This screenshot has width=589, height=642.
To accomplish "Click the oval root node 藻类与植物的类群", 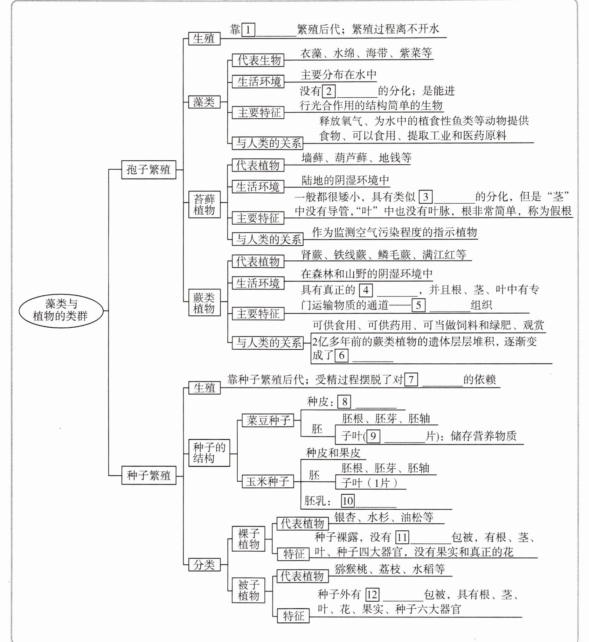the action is pyautogui.click(x=61, y=310).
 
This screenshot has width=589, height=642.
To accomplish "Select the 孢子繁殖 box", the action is pyautogui.click(x=148, y=170).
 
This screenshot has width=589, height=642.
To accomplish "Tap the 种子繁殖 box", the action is pyautogui.click(x=148, y=475).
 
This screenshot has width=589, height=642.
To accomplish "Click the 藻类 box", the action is pyautogui.click(x=204, y=102).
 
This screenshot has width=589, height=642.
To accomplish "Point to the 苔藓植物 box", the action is pyautogui.click(x=204, y=204).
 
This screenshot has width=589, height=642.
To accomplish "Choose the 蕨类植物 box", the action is pyautogui.click(x=204, y=303).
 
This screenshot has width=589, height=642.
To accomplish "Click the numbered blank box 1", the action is pyautogui.click(x=248, y=30).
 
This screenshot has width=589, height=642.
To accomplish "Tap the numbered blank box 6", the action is pyautogui.click(x=341, y=355).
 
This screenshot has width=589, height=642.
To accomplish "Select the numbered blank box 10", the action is pyautogui.click(x=347, y=501).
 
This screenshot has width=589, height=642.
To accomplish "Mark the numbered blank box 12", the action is pyautogui.click(x=372, y=594).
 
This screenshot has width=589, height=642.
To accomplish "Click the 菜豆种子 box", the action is pyautogui.click(x=268, y=420).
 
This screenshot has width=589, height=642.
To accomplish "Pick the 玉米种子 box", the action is pyautogui.click(x=268, y=482).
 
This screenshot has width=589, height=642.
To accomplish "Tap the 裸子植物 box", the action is pyautogui.click(x=248, y=539).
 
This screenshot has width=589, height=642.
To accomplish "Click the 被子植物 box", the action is pyautogui.click(x=248, y=591).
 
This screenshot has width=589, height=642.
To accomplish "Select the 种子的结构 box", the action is pyautogui.click(x=209, y=453).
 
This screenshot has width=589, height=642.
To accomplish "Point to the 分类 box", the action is pyautogui.click(x=204, y=565).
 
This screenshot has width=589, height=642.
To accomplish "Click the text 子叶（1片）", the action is pyautogui.click(x=369, y=483).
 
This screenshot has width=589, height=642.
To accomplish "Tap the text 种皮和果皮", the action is pyautogui.click(x=333, y=453).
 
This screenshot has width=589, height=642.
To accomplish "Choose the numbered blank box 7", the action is pyautogui.click(x=411, y=379).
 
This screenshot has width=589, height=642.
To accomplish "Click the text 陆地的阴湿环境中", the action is pyautogui.click(x=345, y=180).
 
